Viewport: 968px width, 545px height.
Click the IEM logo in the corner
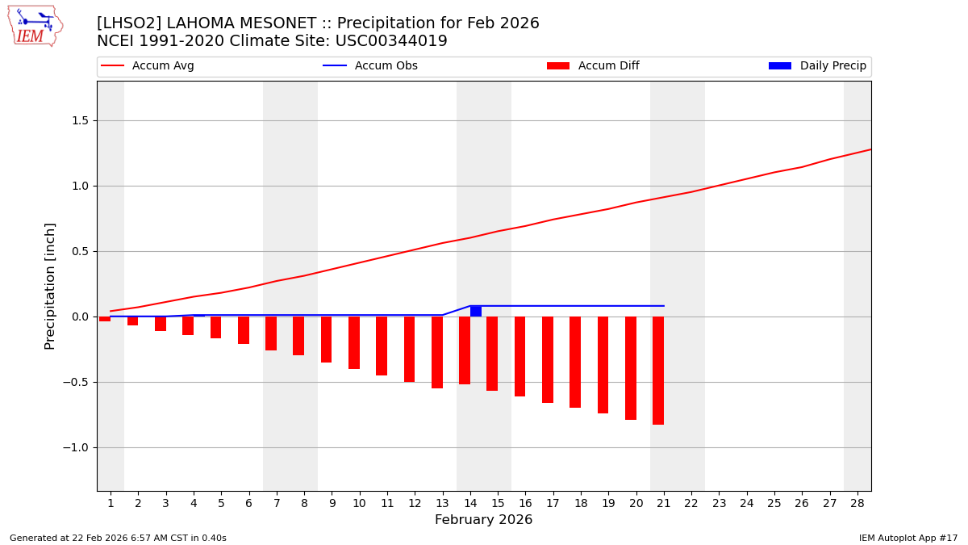point(35,26)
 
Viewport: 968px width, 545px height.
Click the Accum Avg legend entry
point(148,66)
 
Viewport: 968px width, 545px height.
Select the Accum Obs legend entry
point(370,66)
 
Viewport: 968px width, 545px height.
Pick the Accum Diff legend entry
point(593,66)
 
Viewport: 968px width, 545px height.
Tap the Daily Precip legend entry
point(817,66)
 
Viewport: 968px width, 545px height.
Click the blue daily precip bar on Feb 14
point(476,311)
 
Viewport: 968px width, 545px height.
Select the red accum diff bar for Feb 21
point(658,370)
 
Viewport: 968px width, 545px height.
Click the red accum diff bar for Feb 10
point(354,342)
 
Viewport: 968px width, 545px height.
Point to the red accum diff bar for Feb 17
point(548,359)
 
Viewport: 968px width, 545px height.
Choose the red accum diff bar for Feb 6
point(244,330)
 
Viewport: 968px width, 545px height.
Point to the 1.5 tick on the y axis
point(81,120)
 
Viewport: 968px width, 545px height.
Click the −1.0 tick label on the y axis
point(78,447)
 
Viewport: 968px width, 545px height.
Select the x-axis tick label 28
point(857,503)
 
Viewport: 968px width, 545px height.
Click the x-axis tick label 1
point(111,503)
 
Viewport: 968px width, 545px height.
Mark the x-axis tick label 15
point(498,503)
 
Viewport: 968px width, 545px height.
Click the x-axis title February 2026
point(483,520)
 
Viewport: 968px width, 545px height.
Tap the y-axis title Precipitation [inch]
point(50,286)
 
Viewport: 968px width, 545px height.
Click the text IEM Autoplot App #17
point(907,538)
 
